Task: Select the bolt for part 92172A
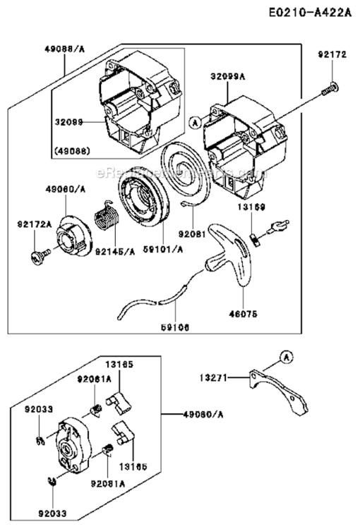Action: coord(36,256)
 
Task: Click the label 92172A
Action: coord(32,225)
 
